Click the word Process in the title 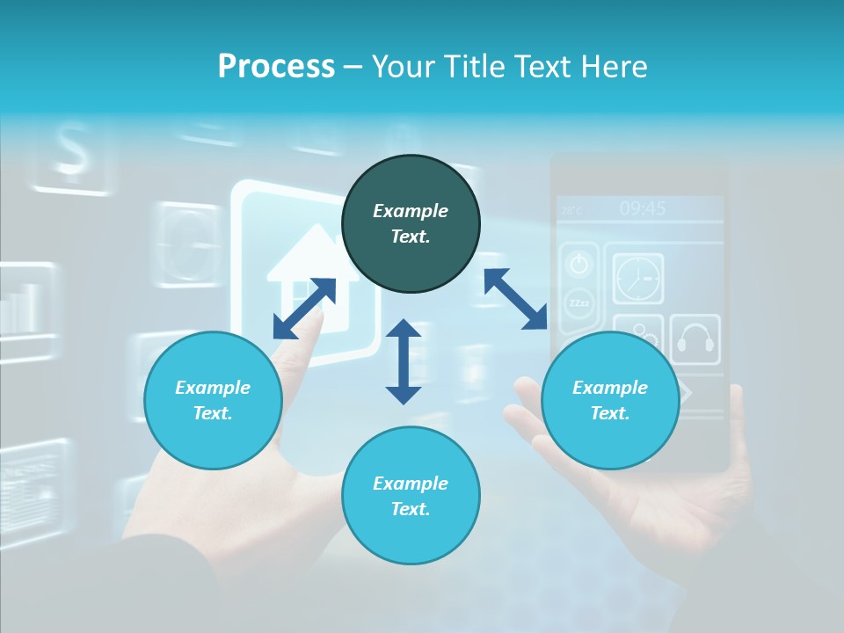(x=276, y=67)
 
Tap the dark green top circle (x=411, y=224)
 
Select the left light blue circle (x=213, y=400)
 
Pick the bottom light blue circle (x=411, y=496)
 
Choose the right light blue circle (x=609, y=400)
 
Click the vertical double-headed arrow (x=404, y=361)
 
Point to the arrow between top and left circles (x=304, y=308)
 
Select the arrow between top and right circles (x=515, y=299)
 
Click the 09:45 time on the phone (x=642, y=208)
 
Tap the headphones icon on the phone (x=695, y=339)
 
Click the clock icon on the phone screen (x=638, y=280)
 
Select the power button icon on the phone (x=578, y=263)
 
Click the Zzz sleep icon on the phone (x=578, y=303)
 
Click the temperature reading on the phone (x=571, y=210)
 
